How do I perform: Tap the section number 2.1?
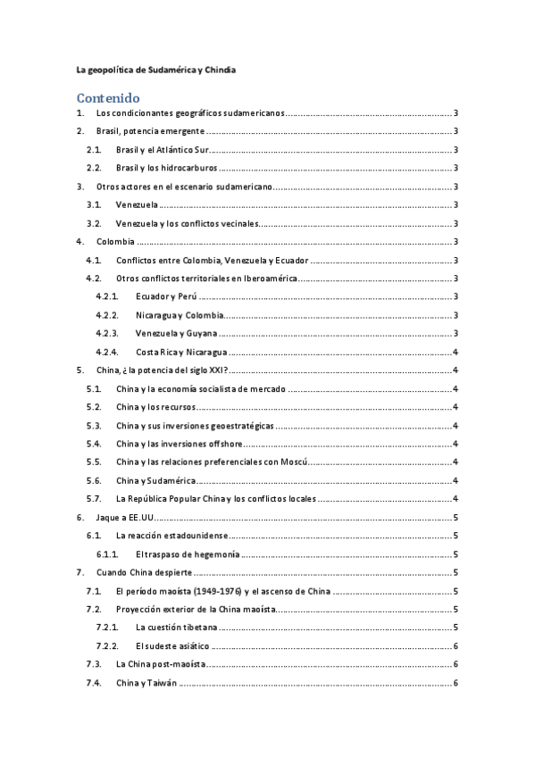coord(94,150)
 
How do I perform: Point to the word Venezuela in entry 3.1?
coord(137,204)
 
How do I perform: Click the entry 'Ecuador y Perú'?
coord(166,296)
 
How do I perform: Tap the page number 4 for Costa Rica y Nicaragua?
coord(456,352)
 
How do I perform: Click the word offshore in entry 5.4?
coord(225,444)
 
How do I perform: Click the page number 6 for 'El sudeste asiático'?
coord(456,646)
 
